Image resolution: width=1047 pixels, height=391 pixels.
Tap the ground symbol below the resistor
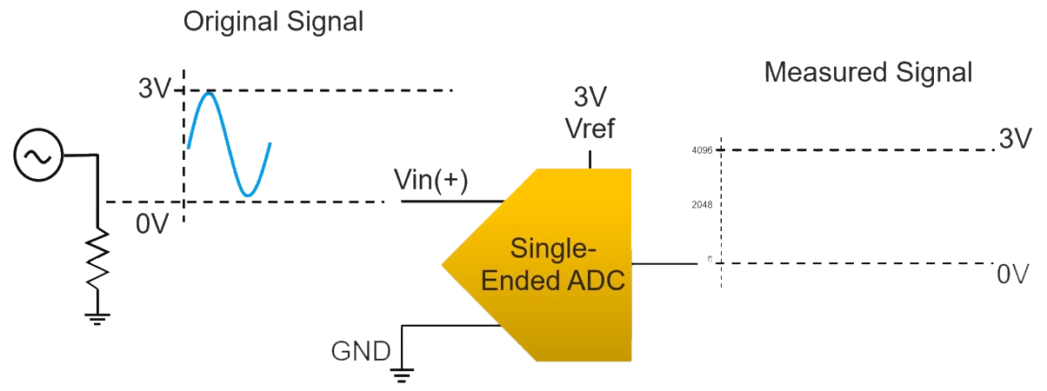click(97, 319)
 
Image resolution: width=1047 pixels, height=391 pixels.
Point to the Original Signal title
click(272, 22)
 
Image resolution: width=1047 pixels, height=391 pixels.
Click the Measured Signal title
click(867, 72)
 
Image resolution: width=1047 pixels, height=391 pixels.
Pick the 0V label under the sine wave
click(152, 223)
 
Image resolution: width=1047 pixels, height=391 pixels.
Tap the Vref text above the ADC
click(590, 129)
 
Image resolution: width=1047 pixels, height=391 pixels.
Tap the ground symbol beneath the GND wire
click(402, 374)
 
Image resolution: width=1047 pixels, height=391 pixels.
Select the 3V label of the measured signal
click(1015, 139)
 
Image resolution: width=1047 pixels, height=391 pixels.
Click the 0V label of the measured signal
click(1013, 275)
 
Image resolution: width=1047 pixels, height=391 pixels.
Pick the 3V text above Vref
click(590, 97)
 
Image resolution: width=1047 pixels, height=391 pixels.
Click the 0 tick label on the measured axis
click(709, 260)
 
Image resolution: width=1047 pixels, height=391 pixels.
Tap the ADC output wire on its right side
click(664, 263)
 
